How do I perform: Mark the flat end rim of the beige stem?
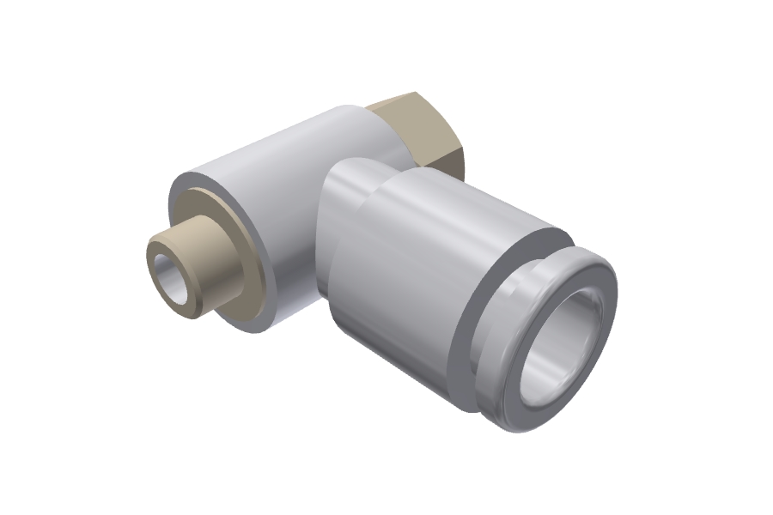pos(158,257)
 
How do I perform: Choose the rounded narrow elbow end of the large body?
pos(344,197)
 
